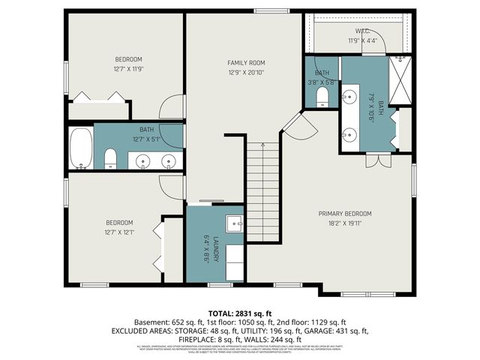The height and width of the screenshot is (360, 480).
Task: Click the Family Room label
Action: [x=246, y=62]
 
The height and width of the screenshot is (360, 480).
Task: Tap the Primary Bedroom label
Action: [x=344, y=214]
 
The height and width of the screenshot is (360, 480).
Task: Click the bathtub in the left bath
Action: [x=81, y=148]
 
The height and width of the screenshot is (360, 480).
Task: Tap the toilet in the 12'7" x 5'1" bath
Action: [x=110, y=157]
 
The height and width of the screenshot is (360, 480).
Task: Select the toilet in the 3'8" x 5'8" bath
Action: [x=323, y=96]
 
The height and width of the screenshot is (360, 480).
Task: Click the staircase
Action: [x=263, y=191]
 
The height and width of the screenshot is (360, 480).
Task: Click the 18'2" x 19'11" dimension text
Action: [x=344, y=223]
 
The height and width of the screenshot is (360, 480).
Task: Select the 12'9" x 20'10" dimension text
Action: [x=246, y=72]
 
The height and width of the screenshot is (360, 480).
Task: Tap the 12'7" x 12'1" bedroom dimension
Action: [x=119, y=232]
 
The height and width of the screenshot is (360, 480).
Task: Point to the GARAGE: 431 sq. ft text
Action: [x=342, y=330]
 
